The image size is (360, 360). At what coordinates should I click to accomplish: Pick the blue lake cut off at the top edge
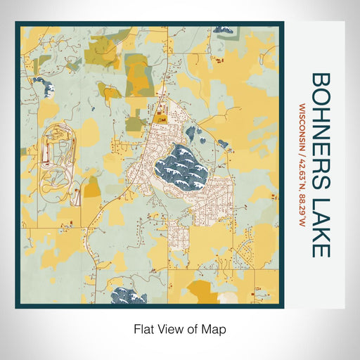[222, 30]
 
